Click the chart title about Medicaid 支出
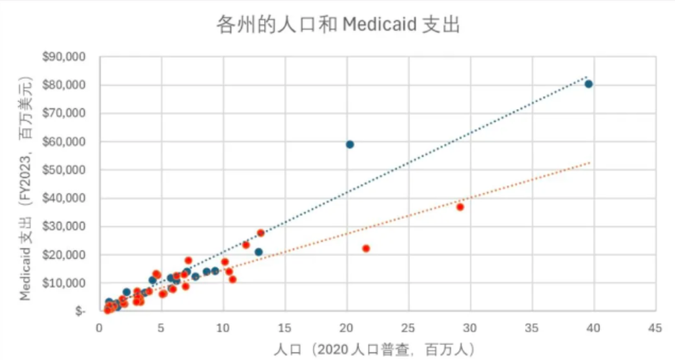coord(337,25)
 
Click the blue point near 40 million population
coord(588,84)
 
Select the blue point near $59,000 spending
coord(350,144)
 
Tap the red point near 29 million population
coord(460,207)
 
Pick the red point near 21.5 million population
coord(366,248)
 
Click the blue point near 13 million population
coord(259,252)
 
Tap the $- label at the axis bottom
coord(79,311)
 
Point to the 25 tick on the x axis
coord(408,327)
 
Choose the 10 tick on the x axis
coord(223,327)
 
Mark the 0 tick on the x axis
coord(99,327)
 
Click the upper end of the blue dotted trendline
coord(586,76)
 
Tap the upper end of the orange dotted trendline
coord(590,162)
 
